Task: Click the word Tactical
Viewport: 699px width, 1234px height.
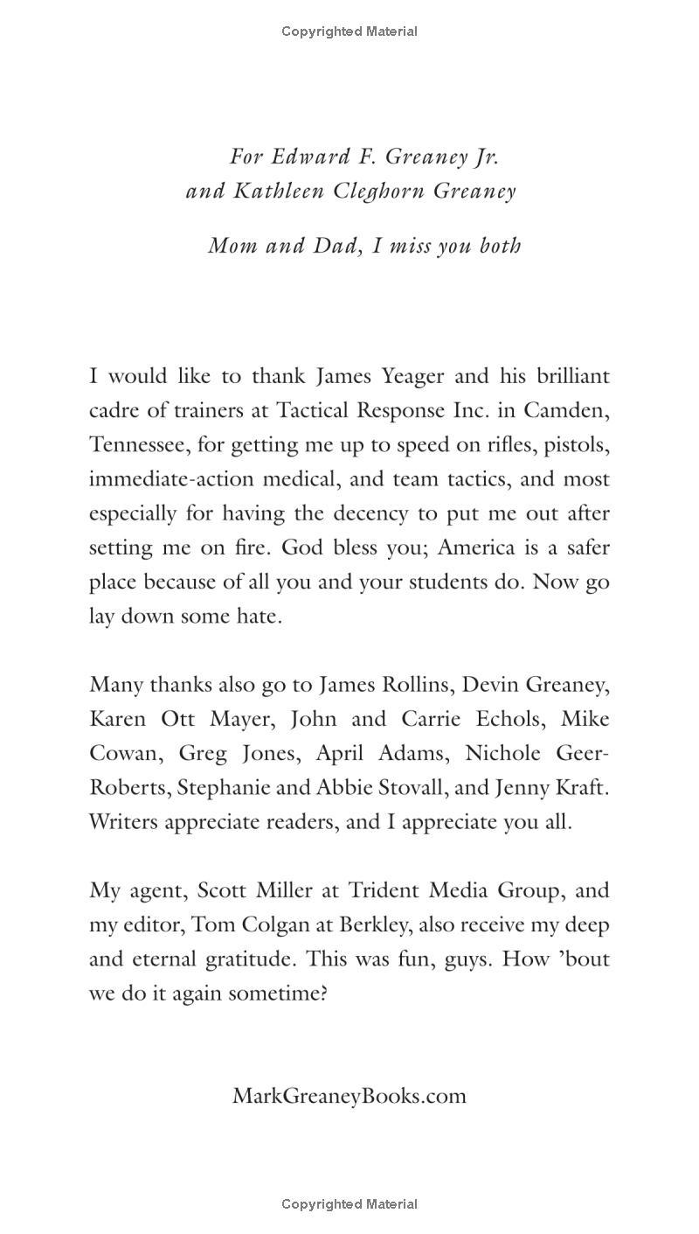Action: point(312,410)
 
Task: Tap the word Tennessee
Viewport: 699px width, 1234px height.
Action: point(139,444)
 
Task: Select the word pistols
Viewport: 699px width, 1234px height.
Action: point(577,444)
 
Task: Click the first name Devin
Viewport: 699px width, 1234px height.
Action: point(491,685)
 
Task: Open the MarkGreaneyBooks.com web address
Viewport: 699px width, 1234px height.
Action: point(349,1096)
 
